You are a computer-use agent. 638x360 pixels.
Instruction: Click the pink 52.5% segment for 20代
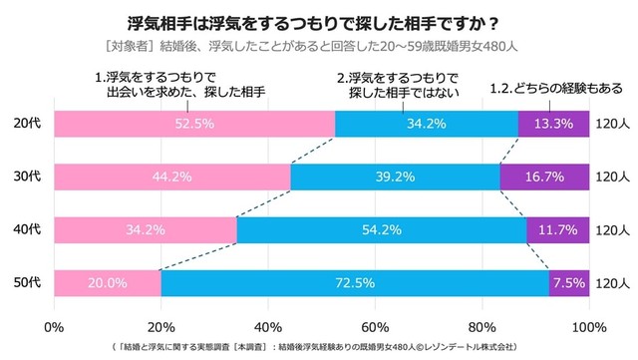tap(194, 124)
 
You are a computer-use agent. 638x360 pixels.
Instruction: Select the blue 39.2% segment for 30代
tap(396, 177)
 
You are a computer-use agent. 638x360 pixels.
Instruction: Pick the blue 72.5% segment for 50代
tap(355, 283)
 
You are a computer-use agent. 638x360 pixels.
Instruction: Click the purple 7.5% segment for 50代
tap(569, 283)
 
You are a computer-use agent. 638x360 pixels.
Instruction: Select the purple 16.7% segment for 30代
tap(544, 177)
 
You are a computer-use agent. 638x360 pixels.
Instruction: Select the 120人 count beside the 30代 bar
tap(611, 177)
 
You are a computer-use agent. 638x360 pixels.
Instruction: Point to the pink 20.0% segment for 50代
tap(108, 283)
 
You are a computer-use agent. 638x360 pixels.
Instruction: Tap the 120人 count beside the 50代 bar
tap(611, 283)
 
